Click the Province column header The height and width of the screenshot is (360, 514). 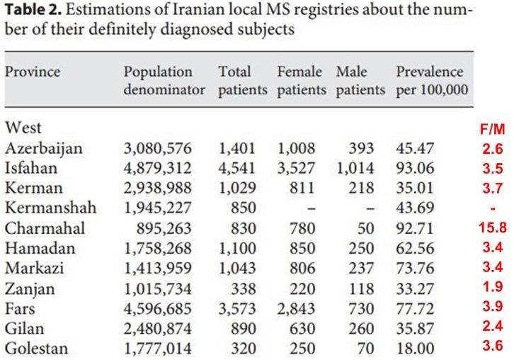point(33,72)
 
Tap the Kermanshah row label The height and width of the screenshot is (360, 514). point(49,209)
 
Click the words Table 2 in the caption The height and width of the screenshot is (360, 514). point(31,12)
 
